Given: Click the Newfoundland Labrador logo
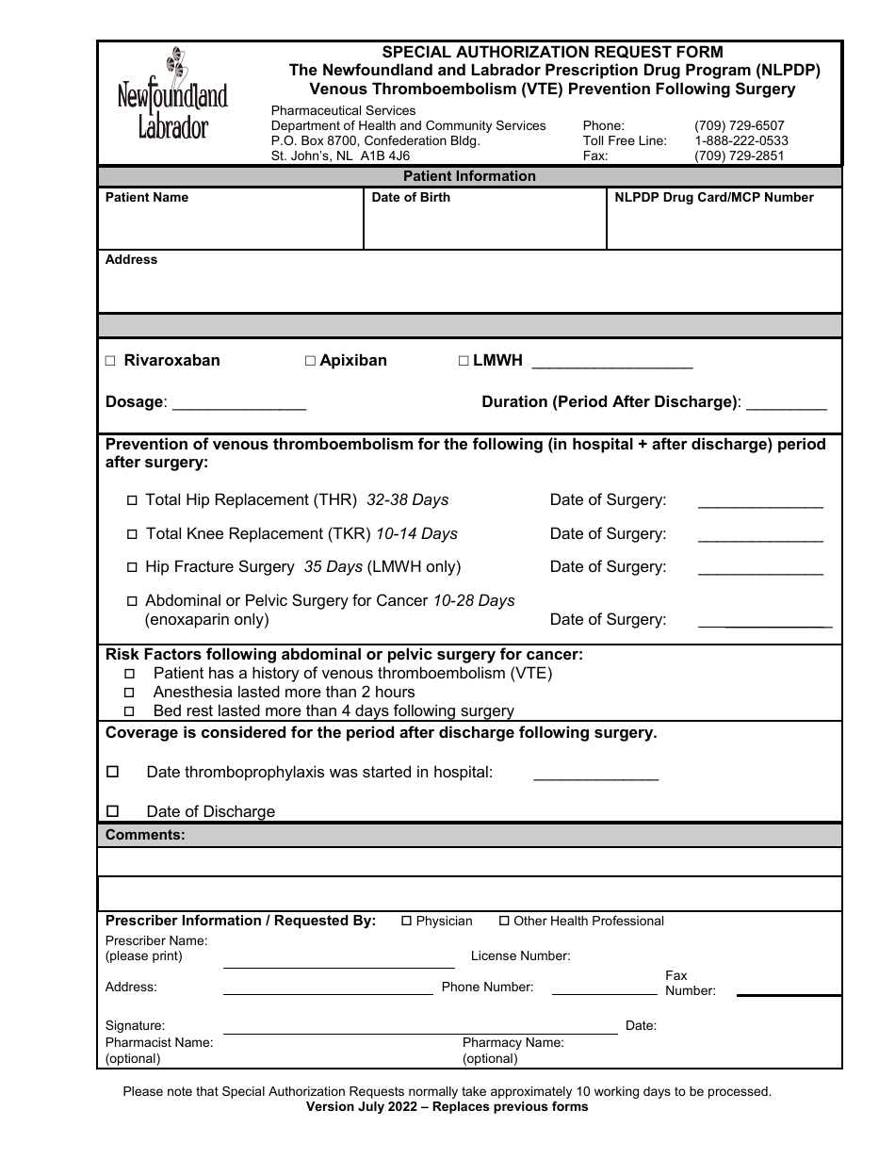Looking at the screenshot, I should click(172, 94).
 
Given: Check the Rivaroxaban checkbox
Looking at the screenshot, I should click(110, 361).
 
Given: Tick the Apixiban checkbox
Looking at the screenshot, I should click(310, 361).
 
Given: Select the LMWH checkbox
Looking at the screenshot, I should click(464, 361).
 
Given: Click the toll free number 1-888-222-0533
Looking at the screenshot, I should click(740, 140).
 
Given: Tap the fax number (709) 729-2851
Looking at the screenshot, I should click(739, 155).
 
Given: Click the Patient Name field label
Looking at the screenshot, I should click(147, 197).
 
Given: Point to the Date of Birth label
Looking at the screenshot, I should click(411, 197).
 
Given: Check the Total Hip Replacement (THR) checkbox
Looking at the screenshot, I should click(132, 500).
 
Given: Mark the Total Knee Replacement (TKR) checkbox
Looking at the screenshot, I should click(132, 534).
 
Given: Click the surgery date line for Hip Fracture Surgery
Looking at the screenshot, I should click(759, 571).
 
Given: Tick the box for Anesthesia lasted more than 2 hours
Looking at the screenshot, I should click(130, 693).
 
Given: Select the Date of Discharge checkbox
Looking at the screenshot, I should click(113, 810).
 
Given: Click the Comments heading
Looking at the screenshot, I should click(145, 835).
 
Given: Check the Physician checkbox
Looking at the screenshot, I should click(407, 921).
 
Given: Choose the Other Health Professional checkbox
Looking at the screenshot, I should click(504, 921).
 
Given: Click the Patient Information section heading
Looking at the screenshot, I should click(469, 176).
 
